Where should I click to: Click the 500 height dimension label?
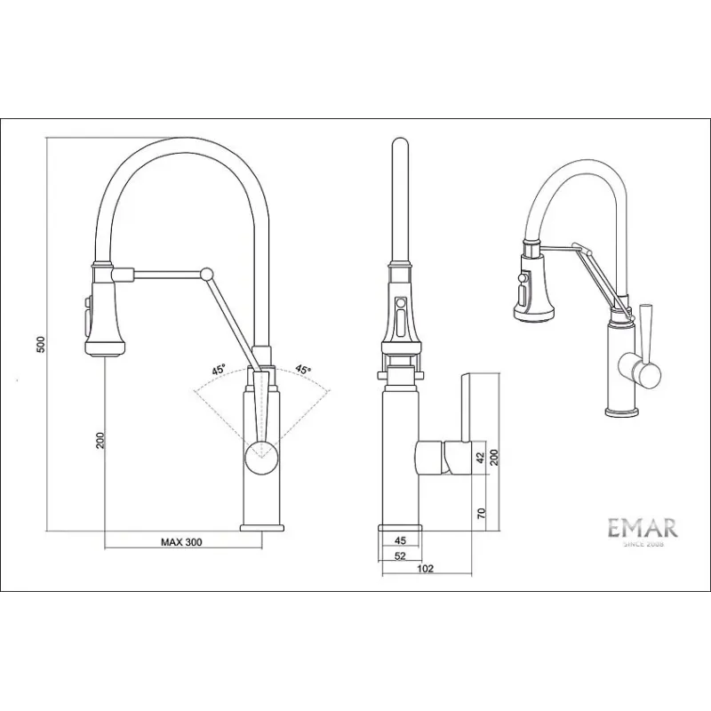click(41, 345)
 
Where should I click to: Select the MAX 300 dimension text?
click(181, 542)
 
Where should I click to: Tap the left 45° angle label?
click(219, 370)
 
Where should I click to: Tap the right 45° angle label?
click(303, 369)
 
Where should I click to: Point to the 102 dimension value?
click(425, 569)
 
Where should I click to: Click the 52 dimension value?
click(400, 556)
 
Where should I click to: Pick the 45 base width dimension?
click(401, 540)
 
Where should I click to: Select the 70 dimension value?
click(481, 514)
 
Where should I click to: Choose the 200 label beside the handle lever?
click(494, 458)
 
